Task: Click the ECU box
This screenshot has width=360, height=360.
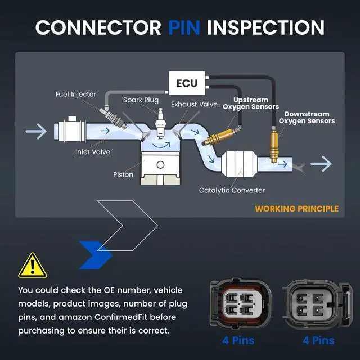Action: pos(187,83)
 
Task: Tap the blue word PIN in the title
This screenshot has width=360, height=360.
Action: pos(184,28)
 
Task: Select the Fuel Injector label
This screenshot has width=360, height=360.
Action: pos(76,94)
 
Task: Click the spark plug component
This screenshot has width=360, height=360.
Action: pos(160,123)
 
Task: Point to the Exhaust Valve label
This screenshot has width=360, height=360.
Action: pos(194,104)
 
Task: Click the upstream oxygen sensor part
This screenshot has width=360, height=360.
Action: pos(220,137)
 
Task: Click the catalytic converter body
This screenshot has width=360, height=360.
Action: pos(238,164)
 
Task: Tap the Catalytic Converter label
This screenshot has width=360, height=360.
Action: pos(232,190)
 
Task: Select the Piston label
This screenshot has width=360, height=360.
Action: pos(123,175)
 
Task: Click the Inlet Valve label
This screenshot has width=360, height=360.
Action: pos(93,152)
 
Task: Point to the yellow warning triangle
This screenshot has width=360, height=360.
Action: pos(33,265)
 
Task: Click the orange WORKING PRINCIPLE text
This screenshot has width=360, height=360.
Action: pos(296,209)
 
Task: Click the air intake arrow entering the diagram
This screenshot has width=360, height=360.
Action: pos(36,131)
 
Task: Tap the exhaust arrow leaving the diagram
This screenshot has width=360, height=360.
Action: pos(321,164)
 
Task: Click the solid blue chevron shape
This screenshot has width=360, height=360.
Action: pos(96,255)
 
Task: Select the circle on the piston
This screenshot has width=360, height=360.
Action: pos(160,165)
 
